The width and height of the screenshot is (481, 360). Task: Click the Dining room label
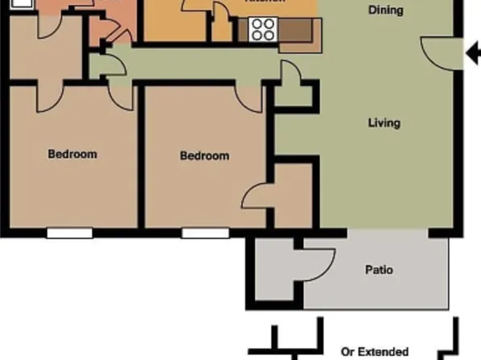click(386, 10)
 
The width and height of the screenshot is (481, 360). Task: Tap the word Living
click(384, 123)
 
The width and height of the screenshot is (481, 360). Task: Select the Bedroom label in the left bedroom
click(72, 154)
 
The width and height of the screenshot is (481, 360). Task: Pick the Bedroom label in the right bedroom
click(204, 156)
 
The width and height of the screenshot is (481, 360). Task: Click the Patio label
click(379, 270)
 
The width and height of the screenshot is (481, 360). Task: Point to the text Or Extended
click(374, 352)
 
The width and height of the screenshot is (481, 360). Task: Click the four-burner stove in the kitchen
click(262, 30)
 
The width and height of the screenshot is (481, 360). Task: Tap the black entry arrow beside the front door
click(473, 54)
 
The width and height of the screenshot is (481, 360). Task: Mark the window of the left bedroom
click(69, 233)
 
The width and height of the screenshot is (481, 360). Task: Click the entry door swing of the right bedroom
click(250, 97)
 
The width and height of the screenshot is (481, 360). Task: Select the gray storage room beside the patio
click(274, 270)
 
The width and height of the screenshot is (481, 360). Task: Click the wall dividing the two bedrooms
click(141, 157)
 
